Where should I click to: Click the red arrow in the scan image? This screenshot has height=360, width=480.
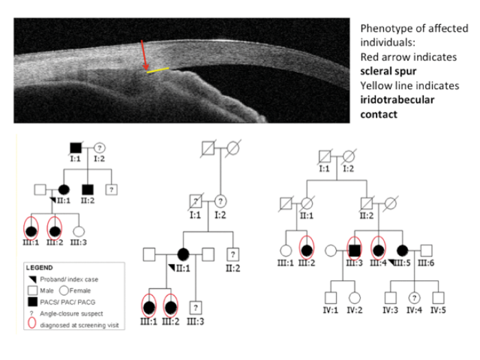pos(143,55)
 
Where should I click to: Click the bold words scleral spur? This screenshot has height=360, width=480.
pos(388,71)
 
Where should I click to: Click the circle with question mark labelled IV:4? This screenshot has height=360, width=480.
pos(413,298)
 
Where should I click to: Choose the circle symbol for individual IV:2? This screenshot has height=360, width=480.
pos(355,298)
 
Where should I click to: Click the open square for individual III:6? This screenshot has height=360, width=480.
pos(427,250)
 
